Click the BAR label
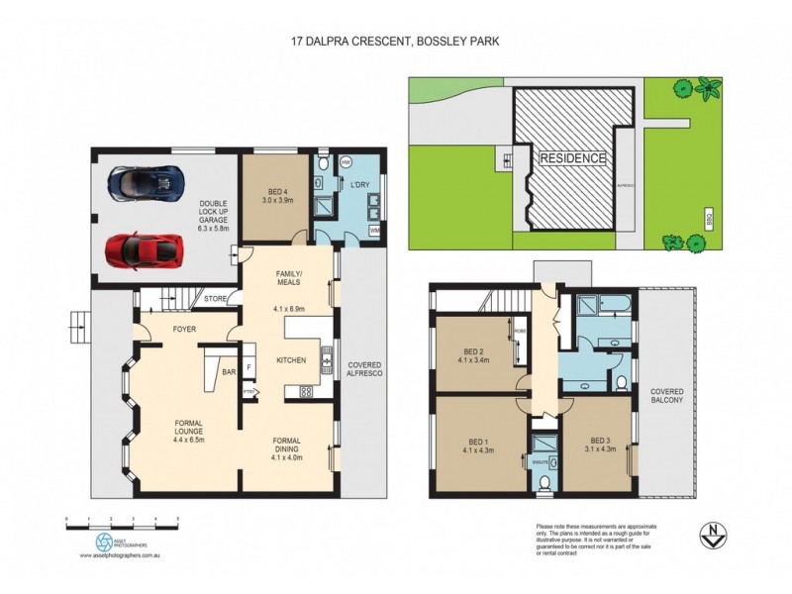(x=228, y=373)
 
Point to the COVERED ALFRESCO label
(x=364, y=370)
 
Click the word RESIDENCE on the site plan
(x=571, y=157)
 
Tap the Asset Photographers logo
(x=104, y=542)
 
